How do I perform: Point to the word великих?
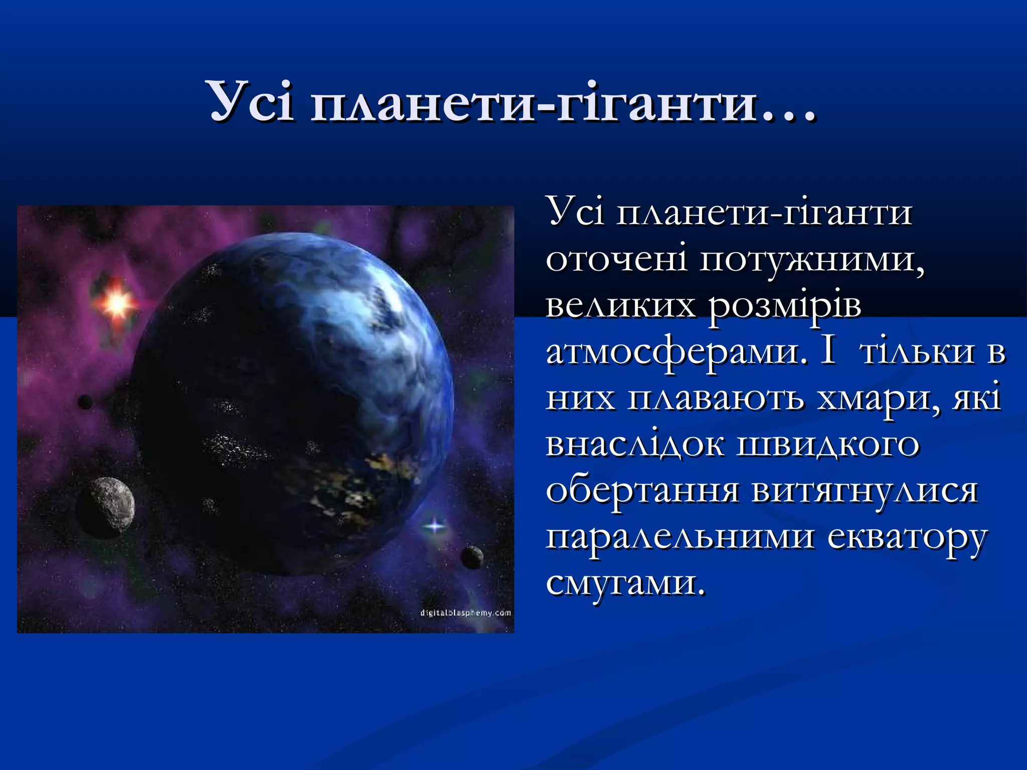(620, 306)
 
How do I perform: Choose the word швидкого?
(827, 445)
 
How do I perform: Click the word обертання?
(642, 492)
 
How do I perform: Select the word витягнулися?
(865, 492)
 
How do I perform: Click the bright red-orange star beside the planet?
(116, 304)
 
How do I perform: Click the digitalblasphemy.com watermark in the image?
(465, 613)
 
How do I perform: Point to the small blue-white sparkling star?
(434, 526)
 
